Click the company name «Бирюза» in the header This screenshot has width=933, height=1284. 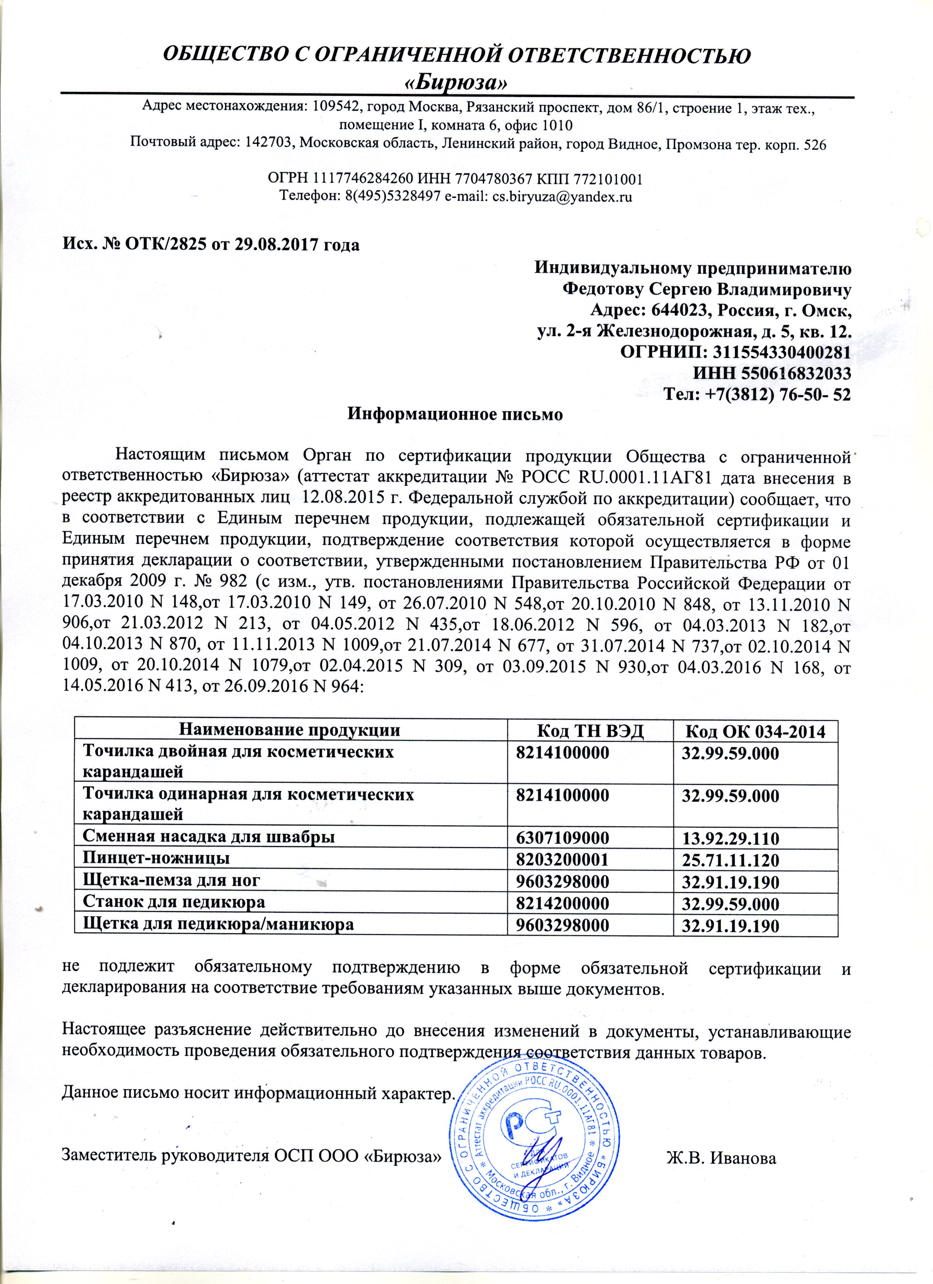456,83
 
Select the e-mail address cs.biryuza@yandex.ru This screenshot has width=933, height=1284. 562,197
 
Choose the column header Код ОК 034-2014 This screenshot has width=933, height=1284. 755,731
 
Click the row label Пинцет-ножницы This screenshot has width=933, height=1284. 156,858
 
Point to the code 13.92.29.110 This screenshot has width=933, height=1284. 730,838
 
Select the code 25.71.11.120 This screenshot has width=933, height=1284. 730,860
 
